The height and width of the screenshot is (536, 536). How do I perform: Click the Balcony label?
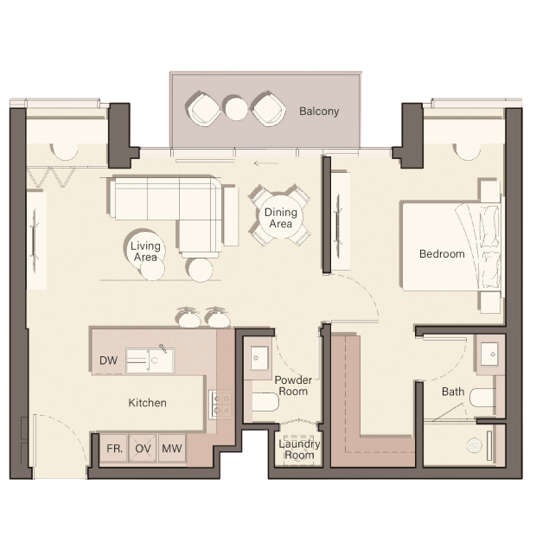pyautogui.click(x=319, y=112)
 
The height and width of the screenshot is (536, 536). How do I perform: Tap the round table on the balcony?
pyautogui.click(x=236, y=108)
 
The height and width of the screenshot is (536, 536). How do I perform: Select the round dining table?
pyautogui.click(x=280, y=217)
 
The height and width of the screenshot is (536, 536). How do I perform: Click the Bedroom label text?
pyautogui.click(x=442, y=254)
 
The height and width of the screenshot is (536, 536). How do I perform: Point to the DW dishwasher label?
pyautogui.click(x=108, y=361)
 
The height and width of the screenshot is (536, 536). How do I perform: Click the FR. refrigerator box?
pyautogui.click(x=114, y=448)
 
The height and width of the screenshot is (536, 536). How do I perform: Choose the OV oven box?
pyautogui.click(x=143, y=448)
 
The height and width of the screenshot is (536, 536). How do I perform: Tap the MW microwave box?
pyautogui.click(x=172, y=448)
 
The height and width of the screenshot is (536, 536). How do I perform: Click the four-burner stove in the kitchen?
pyautogui.click(x=220, y=404)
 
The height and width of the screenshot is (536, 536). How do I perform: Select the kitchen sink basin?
pyautogui.click(x=150, y=361)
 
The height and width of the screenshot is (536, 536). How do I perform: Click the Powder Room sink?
pyautogui.click(x=259, y=358)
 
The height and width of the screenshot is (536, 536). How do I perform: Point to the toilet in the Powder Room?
pyautogui.click(x=265, y=402)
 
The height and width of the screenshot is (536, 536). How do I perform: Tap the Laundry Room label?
pyautogui.click(x=299, y=450)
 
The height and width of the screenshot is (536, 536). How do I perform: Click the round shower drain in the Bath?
pyautogui.click(x=475, y=444)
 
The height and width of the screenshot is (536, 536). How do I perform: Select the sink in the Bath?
pyautogui.click(x=490, y=354)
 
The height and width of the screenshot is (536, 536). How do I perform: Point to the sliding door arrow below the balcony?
pyautogui.click(x=266, y=163)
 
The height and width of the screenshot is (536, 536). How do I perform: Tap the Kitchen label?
pyautogui.click(x=147, y=403)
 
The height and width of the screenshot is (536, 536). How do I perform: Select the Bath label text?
pyautogui.click(x=453, y=392)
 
